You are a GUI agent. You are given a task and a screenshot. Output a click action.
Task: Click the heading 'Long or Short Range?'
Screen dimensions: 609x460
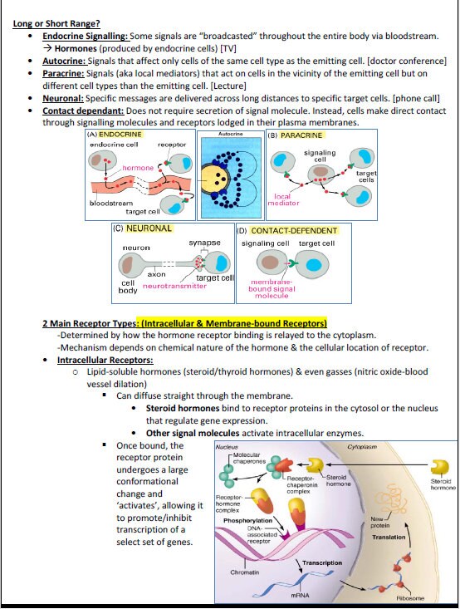[x=56, y=23]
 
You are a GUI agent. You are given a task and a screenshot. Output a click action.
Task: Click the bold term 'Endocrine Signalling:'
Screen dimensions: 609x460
[x=86, y=37]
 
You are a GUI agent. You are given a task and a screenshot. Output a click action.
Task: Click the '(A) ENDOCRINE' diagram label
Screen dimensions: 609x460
[x=115, y=134]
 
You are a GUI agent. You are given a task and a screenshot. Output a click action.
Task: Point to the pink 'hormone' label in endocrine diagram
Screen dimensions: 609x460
[x=138, y=168]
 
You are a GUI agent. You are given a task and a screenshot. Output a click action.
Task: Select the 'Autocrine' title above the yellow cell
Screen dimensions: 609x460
[x=230, y=134]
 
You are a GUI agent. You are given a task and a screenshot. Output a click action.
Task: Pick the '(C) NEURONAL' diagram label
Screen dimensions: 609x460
[x=143, y=228]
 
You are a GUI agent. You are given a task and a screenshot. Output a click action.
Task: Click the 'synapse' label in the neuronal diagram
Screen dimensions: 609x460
[x=203, y=243]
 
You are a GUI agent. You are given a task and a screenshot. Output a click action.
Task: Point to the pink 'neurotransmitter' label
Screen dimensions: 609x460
[x=174, y=285]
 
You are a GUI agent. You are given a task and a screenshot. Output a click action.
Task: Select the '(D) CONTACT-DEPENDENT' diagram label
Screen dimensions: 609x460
[x=287, y=230]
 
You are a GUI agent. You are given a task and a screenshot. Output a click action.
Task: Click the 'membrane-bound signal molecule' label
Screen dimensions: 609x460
[x=272, y=288]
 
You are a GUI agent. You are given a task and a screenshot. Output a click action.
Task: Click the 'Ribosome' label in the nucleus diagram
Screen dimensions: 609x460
[x=410, y=597]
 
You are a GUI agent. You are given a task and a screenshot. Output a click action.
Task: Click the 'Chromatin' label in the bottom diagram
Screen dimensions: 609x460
[x=244, y=572]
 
